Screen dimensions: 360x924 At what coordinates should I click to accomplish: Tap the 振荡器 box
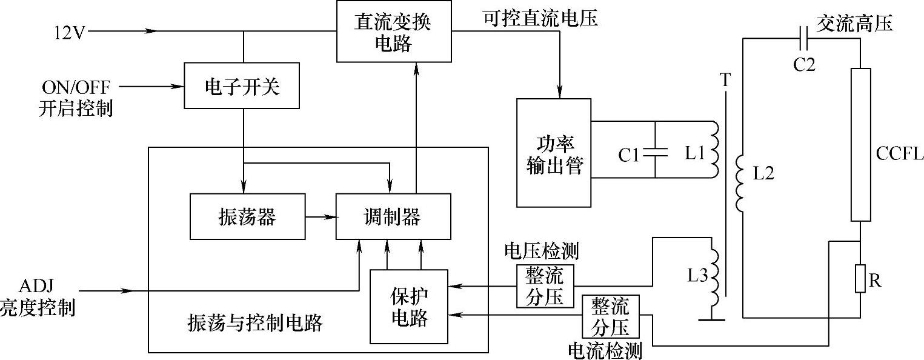247,216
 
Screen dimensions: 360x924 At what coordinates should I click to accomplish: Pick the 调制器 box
394,216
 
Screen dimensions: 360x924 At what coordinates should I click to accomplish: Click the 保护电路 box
409,306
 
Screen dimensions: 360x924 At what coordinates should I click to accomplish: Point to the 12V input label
70,32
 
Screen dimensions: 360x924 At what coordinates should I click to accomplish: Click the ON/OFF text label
77,85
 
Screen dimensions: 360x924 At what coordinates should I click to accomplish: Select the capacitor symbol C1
655,152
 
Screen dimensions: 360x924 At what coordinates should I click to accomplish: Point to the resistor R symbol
860,278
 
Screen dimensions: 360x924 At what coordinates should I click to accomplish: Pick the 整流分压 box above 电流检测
611,316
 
